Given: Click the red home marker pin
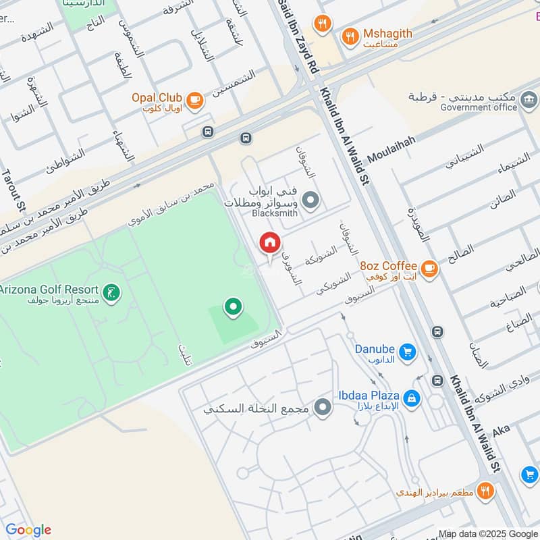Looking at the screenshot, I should pos(270,242).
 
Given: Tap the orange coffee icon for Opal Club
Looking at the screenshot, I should pos(195,101).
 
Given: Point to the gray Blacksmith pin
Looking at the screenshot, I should pos(310,200).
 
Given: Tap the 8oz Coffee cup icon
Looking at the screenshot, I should pos(429,269).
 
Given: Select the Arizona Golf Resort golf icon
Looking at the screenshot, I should pos(113,293).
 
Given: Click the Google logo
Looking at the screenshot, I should pos(28,530).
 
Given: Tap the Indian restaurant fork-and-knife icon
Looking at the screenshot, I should pos(485,491).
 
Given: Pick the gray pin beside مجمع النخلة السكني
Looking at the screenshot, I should pos(324,407).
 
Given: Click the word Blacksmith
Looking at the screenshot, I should pos(275,213).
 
